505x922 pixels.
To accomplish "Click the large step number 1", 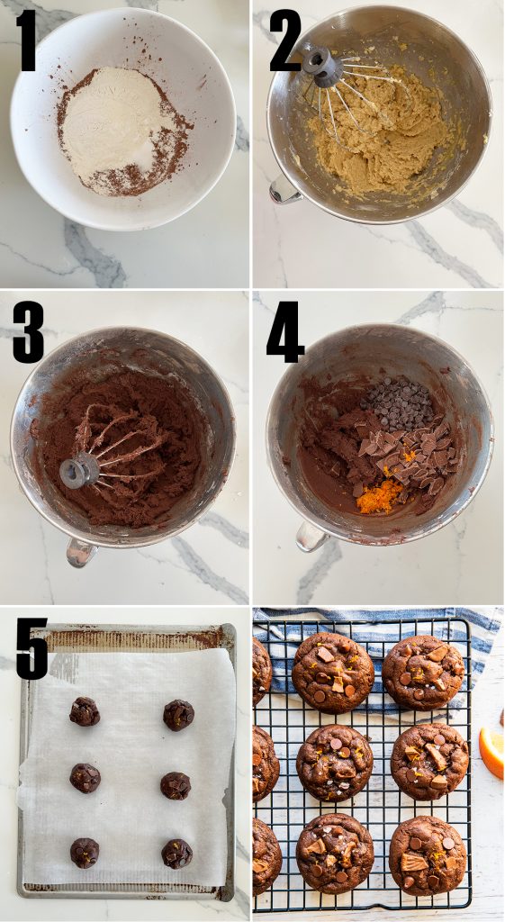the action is pyautogui.click(x=26, y=41).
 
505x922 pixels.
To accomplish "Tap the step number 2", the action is pyautogui.click(x=285, y=41).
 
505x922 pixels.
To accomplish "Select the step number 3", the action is pyautogui.click(x=28, y=332).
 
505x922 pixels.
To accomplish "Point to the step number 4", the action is pyautogui.click(x=284, y=332).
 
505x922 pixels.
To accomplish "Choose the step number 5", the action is pyautogui.click(x=32, y=648).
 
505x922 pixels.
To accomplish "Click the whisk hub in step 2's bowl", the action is pyautogui.click(x=323, y=67).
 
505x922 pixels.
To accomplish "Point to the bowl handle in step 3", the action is pyautogui.click(x=81, y=552).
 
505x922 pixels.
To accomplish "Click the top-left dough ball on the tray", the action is pyautogui.click(x=85, y=711).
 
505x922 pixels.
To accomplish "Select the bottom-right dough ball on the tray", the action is pyautogui.click(x=177, y=854).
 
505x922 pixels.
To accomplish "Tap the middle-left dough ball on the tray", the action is pyautogui.click(x=86, y=778).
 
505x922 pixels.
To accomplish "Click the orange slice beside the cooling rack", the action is pyautogui.click(x=491, y=754).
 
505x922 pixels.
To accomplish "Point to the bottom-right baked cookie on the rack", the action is pyautogui.click(x=428, y=855).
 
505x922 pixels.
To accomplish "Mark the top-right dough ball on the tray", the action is pyautogui.click(x=179, y=715).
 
